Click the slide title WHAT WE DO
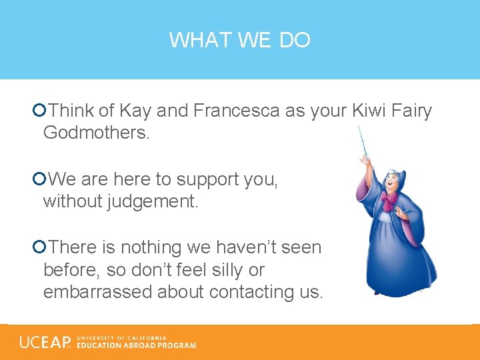click(239, 41)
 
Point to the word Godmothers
click(97, 133)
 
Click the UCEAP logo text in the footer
click(45, 343)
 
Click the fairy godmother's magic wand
click(363, 143)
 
